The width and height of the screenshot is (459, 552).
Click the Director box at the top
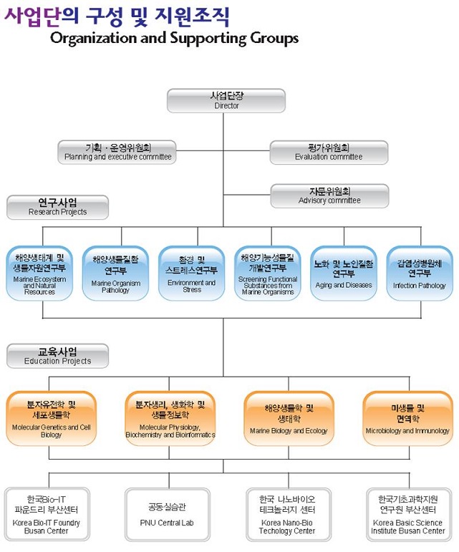[226, 100]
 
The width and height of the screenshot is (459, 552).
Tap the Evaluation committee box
[329, 152]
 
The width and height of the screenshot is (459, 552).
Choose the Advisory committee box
[329, 195]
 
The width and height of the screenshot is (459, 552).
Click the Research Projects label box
[57, 207]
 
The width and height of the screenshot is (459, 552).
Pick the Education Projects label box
[57, 356]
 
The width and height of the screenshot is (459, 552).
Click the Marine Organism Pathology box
[116, 273]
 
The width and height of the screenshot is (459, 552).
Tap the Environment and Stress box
[192, 273]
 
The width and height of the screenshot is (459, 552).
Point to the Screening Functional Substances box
[267, 273]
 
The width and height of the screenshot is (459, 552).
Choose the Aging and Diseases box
[343, 273]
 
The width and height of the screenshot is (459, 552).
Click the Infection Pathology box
[420, 273]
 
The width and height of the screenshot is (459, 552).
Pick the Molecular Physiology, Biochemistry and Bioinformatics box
[170, 418]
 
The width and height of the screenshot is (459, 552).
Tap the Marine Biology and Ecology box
[289, 418]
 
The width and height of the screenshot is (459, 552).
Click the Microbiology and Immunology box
[407, 418]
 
